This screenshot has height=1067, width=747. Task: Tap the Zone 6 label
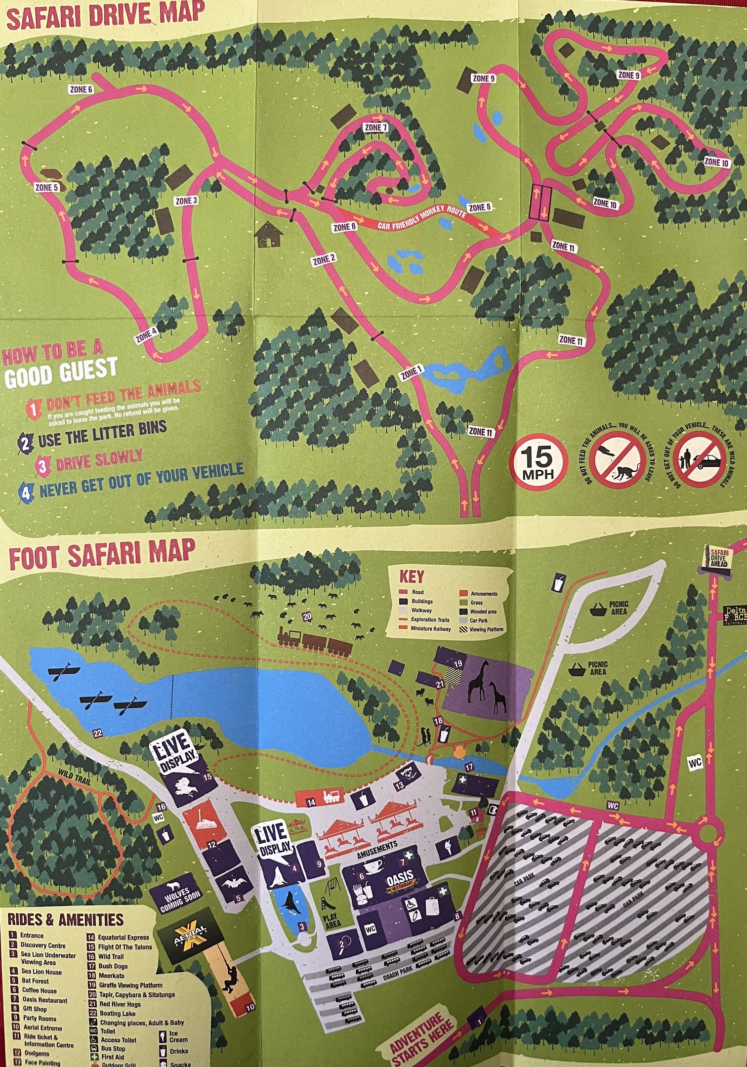point(81,89)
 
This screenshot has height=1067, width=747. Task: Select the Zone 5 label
point(47,187)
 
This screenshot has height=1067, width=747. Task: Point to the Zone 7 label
point(375,127)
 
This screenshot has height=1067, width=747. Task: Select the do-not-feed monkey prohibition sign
point(618,459)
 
